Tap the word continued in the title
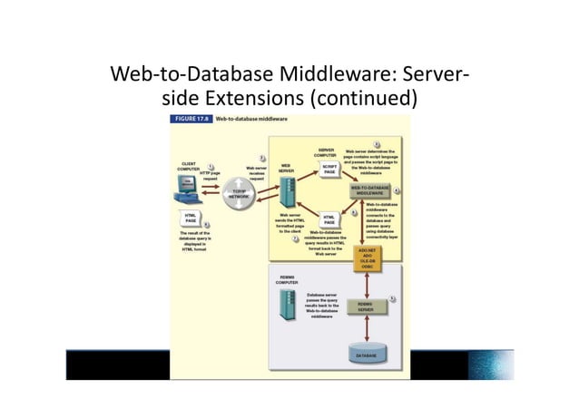tap(358, 98)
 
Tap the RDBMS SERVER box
tap(367, 307)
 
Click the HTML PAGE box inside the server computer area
tap(329, 219)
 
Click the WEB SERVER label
tap(285, 167)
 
